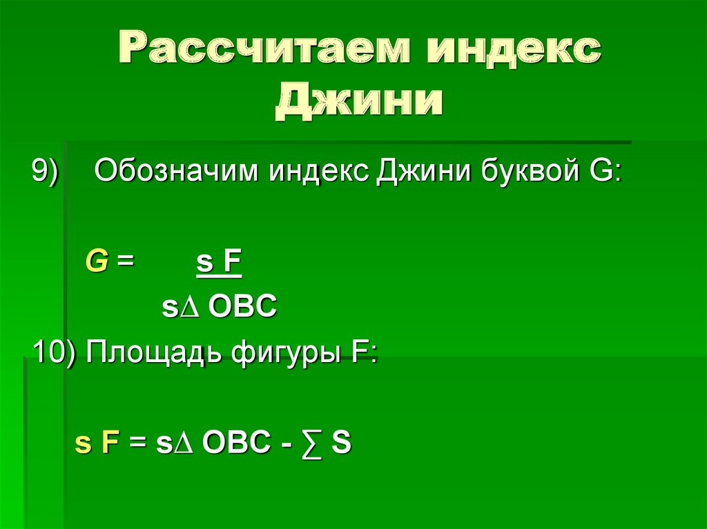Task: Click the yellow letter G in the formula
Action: [96, 262]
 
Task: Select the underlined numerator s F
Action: [219, 263]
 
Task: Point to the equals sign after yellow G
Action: [124, 263]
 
